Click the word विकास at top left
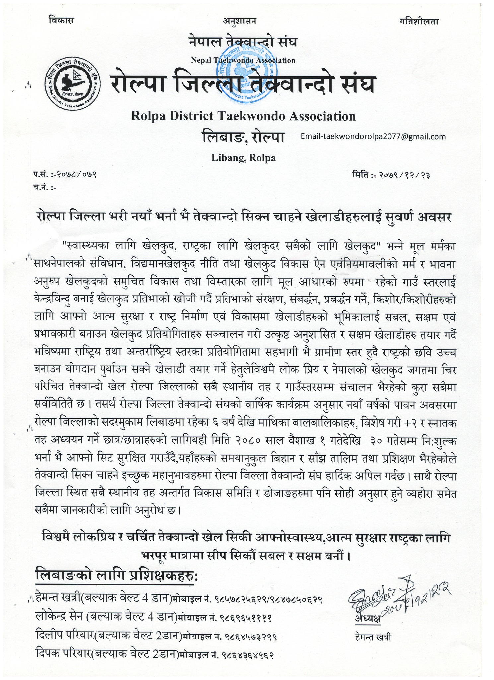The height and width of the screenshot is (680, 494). click(x=61, y=21)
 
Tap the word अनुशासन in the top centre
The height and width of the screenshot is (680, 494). click(x=241, y=21)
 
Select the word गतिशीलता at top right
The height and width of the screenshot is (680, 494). click(x=419, y=21)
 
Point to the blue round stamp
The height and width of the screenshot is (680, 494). click(x=246, y=70)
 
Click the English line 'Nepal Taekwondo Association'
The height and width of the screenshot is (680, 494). click(x=243, y=60)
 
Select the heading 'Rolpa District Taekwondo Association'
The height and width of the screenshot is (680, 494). click(x=243, y=116)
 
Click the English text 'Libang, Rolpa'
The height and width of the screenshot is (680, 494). click(x=244, y=158)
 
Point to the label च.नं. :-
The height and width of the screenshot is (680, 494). click(x=45, y=188)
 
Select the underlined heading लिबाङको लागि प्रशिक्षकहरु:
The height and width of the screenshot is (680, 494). click(x=116, y=575)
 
